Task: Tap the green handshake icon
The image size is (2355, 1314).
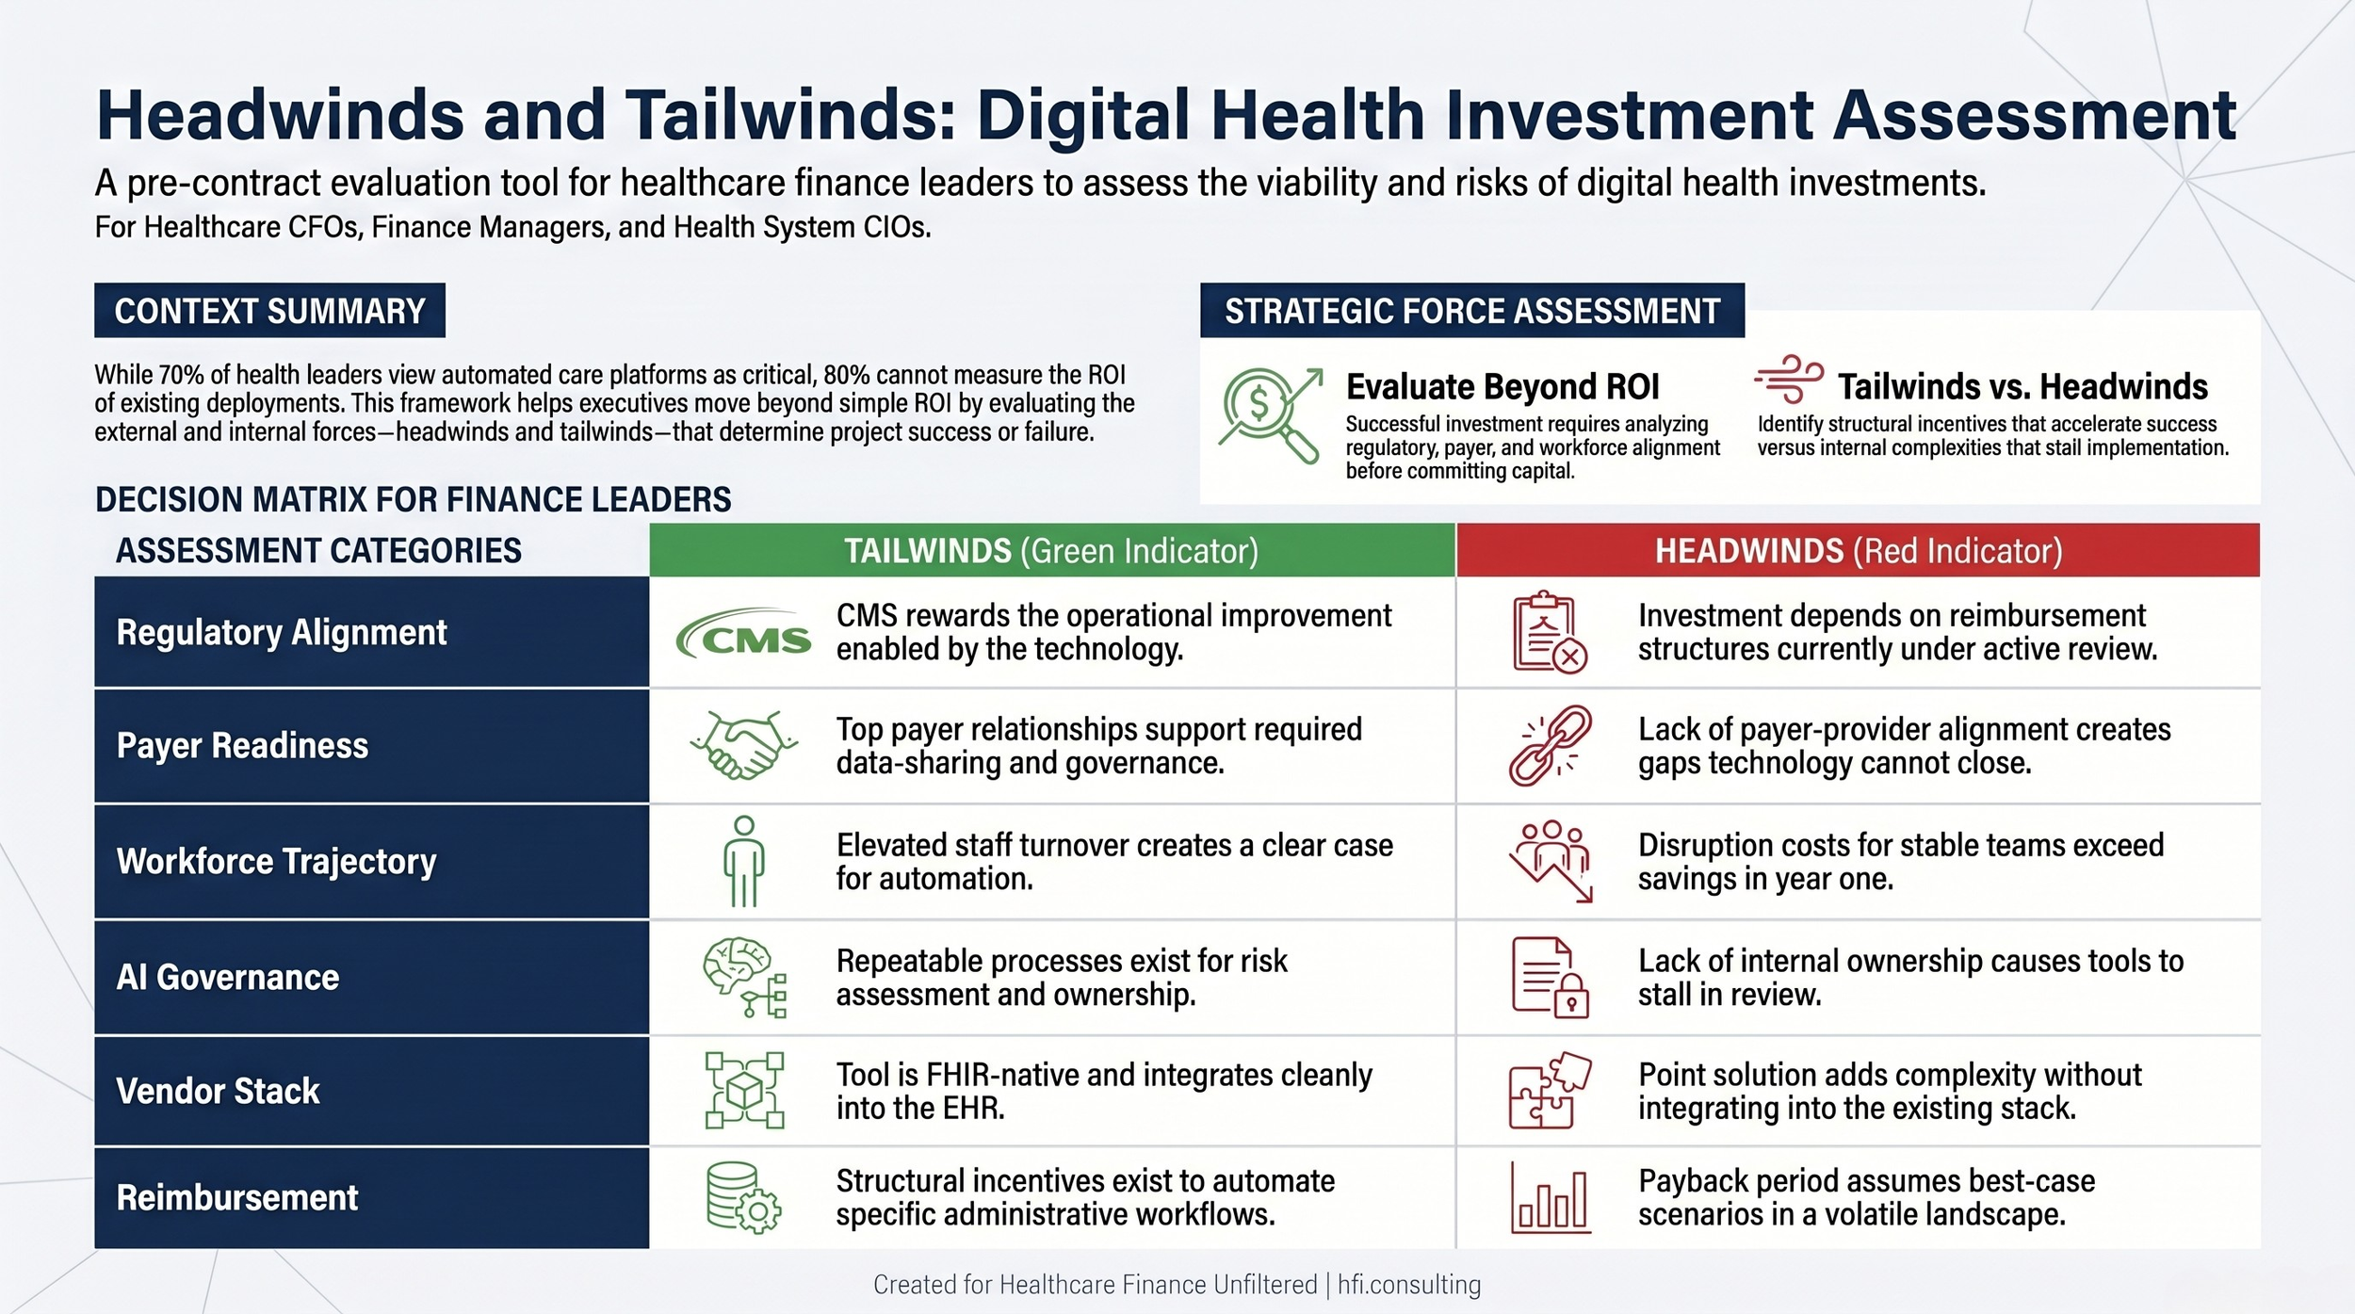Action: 743,745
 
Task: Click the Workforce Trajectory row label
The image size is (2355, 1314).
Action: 277,861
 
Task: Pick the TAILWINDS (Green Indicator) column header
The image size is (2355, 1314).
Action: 1051,550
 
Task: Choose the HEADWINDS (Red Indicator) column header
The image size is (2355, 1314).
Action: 1858,550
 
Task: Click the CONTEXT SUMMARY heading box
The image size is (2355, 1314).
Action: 269,311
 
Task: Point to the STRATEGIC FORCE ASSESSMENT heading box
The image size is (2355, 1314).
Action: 1471,311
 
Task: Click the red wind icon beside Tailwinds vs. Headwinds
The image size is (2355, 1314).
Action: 1788,380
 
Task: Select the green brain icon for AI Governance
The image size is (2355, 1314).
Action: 743,977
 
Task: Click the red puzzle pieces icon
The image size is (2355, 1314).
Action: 1550,1090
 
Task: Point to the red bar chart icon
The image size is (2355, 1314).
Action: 1550,1198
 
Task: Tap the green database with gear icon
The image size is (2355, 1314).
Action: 743,1198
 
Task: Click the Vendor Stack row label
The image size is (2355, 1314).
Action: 219,1091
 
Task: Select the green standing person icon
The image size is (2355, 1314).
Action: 743,861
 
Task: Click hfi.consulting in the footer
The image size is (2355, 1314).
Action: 1408,1285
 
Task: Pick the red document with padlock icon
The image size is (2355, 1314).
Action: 1550,977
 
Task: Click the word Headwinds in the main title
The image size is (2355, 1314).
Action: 280,115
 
